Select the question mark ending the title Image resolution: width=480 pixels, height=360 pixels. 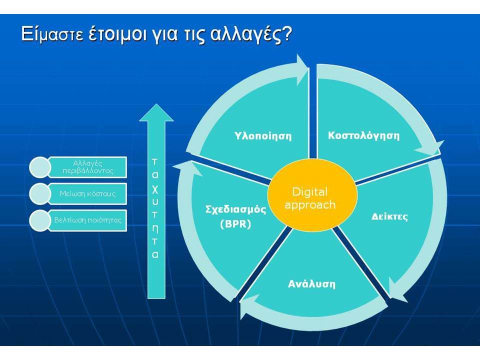coord(286,33)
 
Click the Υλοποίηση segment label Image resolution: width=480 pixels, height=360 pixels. coord(263,135)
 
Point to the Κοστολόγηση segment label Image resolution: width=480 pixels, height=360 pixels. coord(363,135)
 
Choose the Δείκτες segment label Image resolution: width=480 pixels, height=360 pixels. coord(389,216)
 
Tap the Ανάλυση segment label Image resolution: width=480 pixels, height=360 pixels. coord(311,284)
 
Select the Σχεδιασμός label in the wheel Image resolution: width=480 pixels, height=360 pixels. coord(235,209)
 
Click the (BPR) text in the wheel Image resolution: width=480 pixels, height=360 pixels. coord(235,224)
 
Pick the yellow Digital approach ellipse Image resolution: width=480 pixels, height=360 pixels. coord(312,195)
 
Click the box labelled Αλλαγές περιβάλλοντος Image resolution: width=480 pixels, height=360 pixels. coord(87,167)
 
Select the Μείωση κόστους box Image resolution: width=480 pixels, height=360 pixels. coord(87,194)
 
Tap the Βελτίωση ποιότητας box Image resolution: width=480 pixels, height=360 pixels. coord(87,220)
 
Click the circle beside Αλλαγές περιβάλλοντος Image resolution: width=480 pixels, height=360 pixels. coord(40,167)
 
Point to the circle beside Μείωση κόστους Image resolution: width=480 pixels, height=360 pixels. coord(40,194)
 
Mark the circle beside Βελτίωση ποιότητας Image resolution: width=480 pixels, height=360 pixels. coord(40,220)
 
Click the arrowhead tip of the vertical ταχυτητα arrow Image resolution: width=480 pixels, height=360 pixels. coord(156,104)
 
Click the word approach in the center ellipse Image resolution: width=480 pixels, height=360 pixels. coord(310,205)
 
